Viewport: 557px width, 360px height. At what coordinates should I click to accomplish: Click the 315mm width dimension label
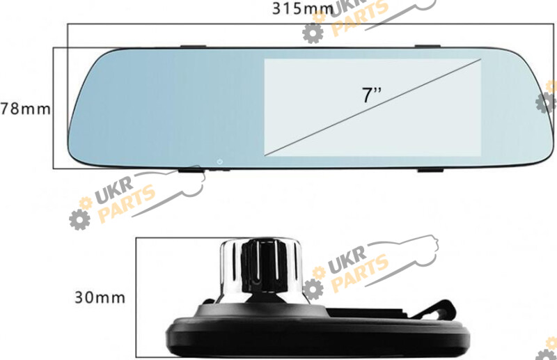[x=303, y=8]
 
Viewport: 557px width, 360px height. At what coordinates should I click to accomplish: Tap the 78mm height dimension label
[x=26, y=109]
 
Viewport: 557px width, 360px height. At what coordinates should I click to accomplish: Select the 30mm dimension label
[x=100, y=297]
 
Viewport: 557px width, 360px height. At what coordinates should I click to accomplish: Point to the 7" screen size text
[x=371, y=95]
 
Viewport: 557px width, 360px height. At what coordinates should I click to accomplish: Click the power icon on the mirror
[x=220, y=162]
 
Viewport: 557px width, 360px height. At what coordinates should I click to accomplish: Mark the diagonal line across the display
[x=372, y=107]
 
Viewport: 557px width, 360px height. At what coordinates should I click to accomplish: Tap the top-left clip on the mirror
[x=193, y=46]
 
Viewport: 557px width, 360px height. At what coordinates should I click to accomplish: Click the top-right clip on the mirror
[x=427, y=46]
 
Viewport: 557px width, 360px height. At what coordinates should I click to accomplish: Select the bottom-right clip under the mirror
[x=430, y=170]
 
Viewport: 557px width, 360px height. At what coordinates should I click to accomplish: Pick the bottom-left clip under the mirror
[x=191, y=170]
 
